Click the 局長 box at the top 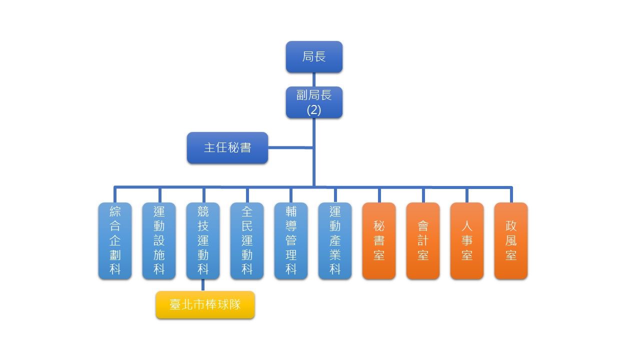tap(314, 56)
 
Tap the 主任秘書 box tap(227, 147)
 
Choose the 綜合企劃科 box tap(115, 240)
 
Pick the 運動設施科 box tap(159, 240)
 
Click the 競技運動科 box tap(203, 240)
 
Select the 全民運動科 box tap(247, 240)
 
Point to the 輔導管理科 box tap(291, 240)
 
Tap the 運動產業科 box tap(335, 240)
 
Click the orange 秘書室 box tap(379, 240)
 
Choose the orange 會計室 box tap(423, 240)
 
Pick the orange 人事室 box tap(467, 240)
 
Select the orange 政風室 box tap(511, 240)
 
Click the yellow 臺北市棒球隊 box tap(205, 304)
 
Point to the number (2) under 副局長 tap(314, 110)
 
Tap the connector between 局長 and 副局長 tap(314, 79)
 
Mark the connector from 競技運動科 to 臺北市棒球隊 tap(203, 285)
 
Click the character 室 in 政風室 tap(511, 255)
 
